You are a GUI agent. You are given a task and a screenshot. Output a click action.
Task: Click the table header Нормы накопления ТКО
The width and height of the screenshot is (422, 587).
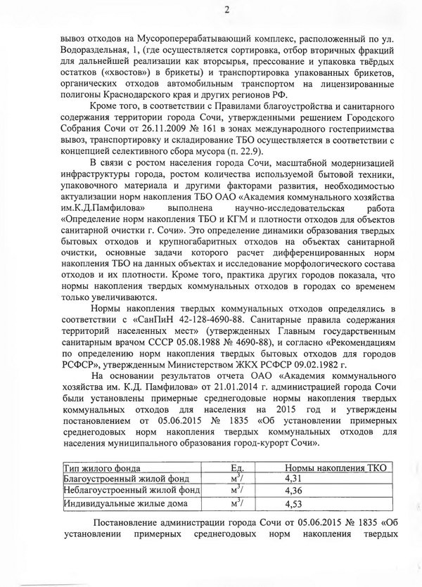point(335,467)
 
